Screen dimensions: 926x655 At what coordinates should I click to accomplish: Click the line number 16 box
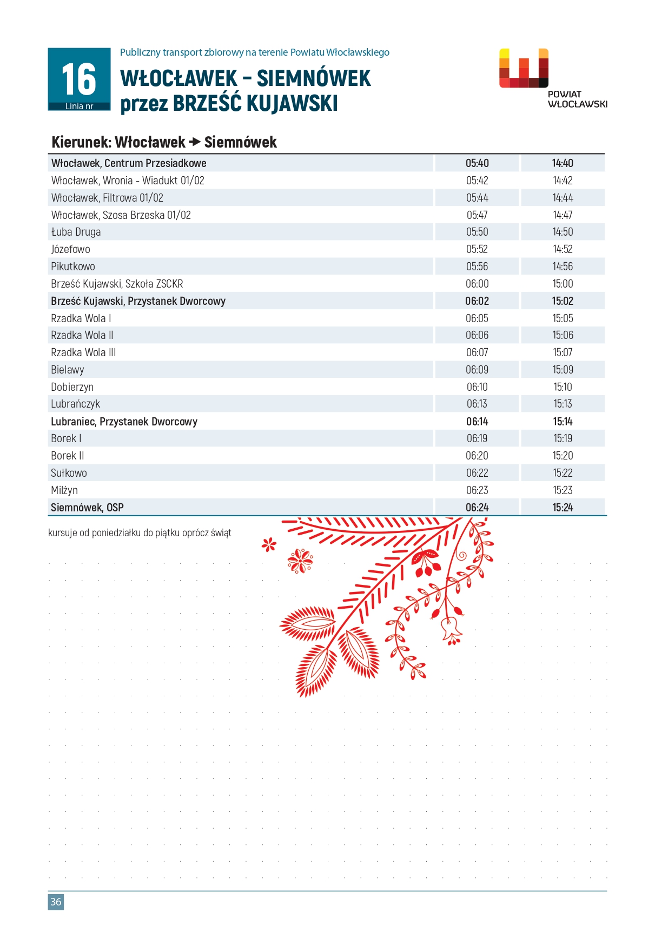click(79, 79)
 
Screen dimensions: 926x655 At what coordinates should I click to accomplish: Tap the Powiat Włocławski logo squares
click(524, 68)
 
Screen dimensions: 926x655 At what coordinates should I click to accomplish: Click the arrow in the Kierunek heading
click(194, 142)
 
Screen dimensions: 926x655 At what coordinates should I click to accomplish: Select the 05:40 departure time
click(477, 163)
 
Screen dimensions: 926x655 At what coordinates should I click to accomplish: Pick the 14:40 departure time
click(563, 163)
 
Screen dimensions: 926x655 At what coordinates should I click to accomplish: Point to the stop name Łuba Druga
click(76, 232)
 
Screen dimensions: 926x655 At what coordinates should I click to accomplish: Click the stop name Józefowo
click(70, 249)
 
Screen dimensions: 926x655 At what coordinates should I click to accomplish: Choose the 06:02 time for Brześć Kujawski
click(477, 301)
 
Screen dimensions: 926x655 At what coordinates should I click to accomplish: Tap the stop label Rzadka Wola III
click(83, 352)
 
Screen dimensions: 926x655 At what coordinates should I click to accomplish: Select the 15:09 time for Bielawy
click(563, 370)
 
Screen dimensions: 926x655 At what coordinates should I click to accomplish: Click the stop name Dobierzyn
click(72, 387)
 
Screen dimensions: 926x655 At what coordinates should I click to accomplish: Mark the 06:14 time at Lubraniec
click(477, 422)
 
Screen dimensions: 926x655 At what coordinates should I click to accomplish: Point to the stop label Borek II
click(67, 456)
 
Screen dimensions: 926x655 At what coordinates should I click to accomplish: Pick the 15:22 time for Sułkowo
click(563, 473)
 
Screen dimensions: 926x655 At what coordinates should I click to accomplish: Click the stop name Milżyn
click(64, 490)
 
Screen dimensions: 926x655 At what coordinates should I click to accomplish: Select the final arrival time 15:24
click(563, 508)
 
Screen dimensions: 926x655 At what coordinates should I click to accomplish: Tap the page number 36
click(56, 902)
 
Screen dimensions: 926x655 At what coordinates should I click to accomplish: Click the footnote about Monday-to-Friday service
click(140, 533)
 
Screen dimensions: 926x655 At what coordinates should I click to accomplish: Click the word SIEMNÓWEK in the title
click(314, 78)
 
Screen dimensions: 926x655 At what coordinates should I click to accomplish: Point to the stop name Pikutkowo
click(73, 267)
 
